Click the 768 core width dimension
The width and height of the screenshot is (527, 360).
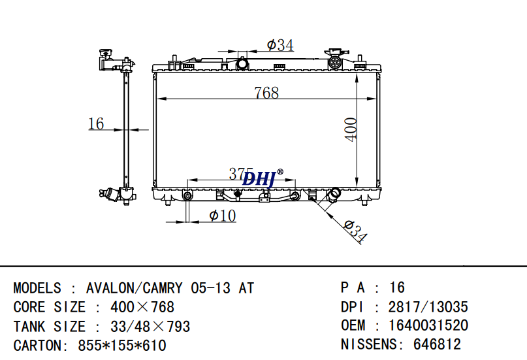click(266, 93)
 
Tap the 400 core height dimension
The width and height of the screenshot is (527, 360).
click(351, 130)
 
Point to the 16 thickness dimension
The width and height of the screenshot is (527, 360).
click(96, 123)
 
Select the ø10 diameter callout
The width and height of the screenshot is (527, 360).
click(223, 216)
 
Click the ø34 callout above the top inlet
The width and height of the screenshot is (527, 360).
click(280, 44)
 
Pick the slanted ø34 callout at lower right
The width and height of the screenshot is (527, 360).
click(355, 231)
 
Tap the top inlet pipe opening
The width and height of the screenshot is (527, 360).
click(242, 63)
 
